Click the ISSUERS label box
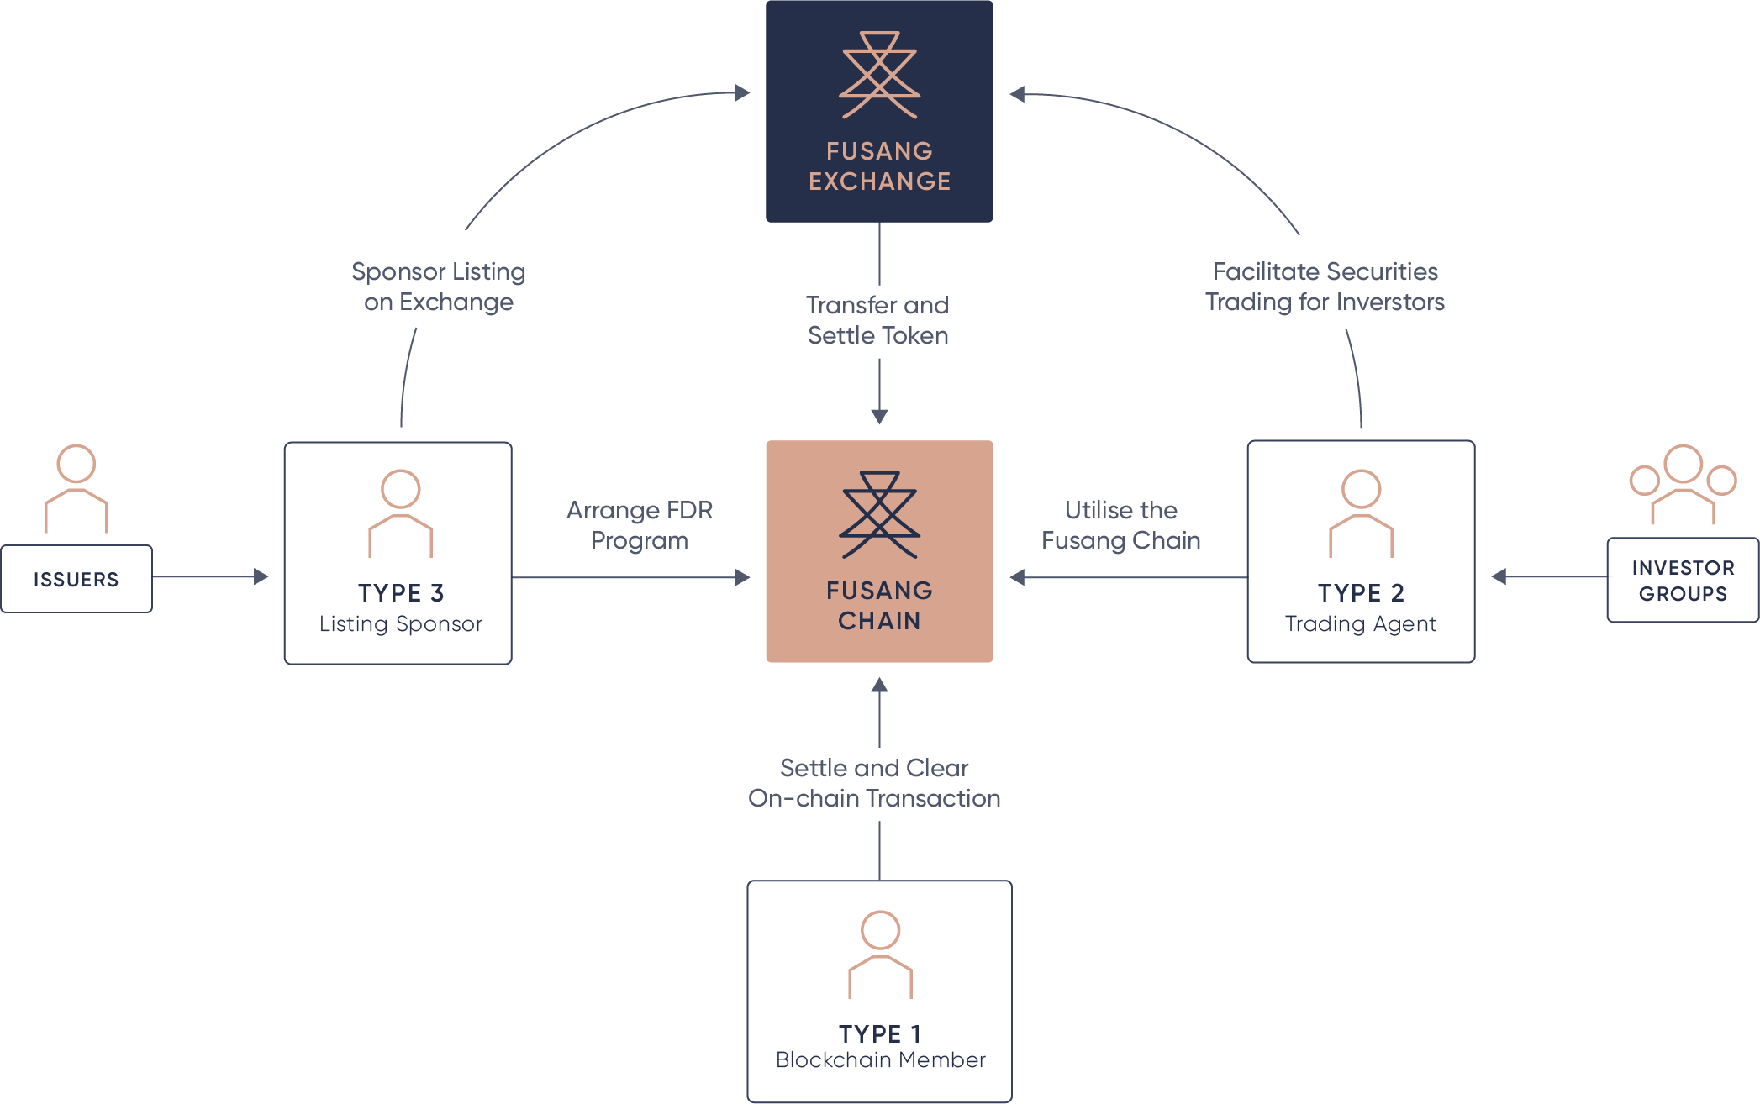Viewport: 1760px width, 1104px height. tap(76, 579)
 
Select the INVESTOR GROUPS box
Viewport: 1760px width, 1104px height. tap(1683, 581)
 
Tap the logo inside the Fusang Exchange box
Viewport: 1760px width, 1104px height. tap(879, 76)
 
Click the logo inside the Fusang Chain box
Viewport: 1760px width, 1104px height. tap(879, 515)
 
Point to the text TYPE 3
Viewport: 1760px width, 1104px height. tap(400, 593)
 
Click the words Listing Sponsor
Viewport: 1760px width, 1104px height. tap(400, 623)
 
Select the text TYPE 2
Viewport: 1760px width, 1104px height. tap(1361, 593)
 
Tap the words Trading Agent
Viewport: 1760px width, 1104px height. tap(1361, 623)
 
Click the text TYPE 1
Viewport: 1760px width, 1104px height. tap(879, 1033)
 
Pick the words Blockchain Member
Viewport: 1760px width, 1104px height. tap(880, 1060)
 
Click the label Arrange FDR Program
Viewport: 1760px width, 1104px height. tap(640, 525)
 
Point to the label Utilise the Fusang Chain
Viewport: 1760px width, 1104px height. tap(1120, 525)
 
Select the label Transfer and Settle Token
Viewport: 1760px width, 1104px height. tap(877, 320)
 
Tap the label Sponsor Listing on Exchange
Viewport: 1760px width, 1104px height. tap(438, 287)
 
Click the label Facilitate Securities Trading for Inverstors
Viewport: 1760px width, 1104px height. tap(1325, 287)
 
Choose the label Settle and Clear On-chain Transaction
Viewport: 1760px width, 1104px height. tap(874, 783)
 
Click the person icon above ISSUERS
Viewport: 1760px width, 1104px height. tap(76, 489)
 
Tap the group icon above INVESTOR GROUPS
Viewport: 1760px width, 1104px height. tap(1683, 484)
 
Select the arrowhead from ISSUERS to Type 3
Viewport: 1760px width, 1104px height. tap(261, 577)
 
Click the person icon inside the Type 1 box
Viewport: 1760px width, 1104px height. tap(880, 954)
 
